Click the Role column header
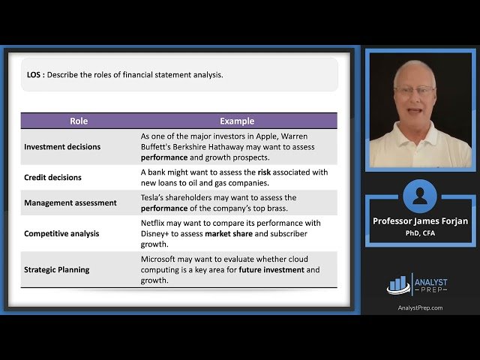tap(79, 121)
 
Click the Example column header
tap(237, 121)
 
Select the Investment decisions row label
tap(62, 147)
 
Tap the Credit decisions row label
tap(52, 178)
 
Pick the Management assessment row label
tap(70, 202)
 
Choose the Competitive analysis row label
tap(61, 233)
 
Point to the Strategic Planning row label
tap(56, 269)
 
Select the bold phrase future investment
tap(271, 269)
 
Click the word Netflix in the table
tap(154, 223)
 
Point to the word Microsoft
tap(160, 259)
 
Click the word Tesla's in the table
tap(154, 197)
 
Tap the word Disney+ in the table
tap(157, 233)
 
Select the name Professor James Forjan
tap(420, 221)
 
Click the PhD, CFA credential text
tap(420, 232)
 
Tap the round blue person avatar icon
tap(420, 196)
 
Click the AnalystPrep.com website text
tap(420, 307)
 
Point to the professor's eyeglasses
tap(415, 91)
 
